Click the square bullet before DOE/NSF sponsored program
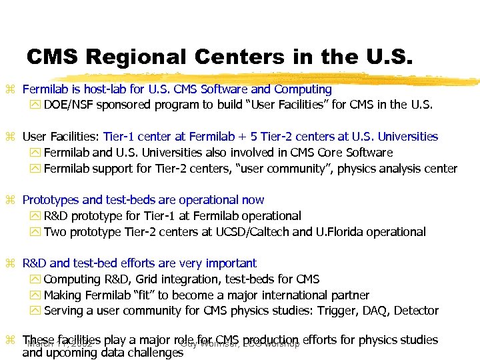36,105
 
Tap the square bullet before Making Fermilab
36,295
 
